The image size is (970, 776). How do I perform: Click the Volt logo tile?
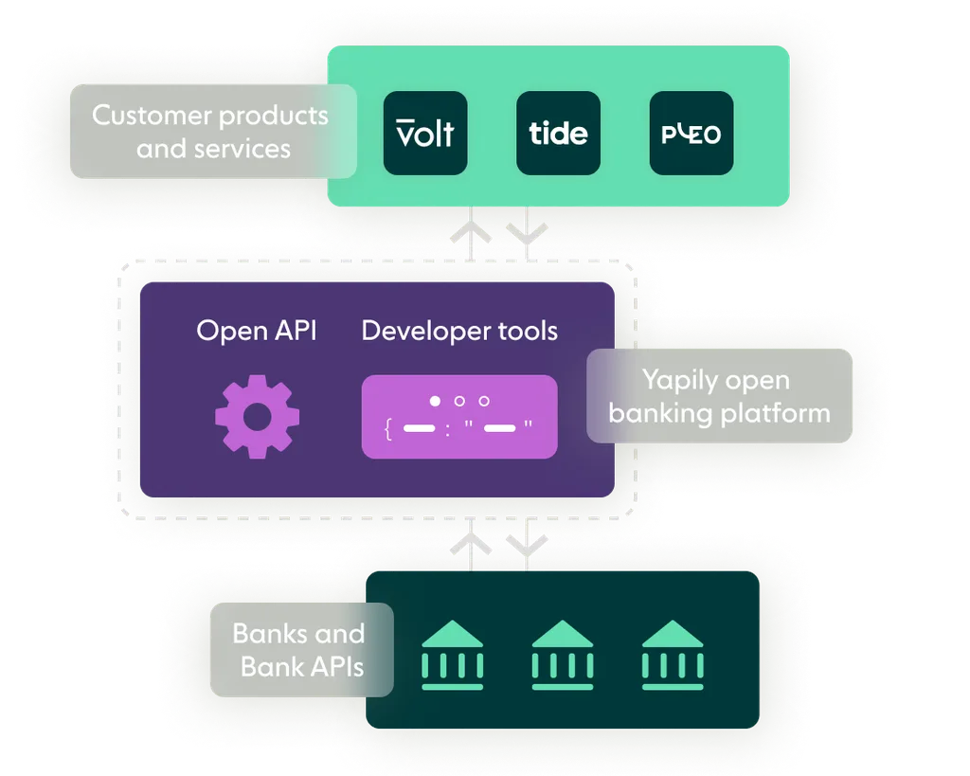[425, 133]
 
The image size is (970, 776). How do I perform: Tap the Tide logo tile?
[558, 133]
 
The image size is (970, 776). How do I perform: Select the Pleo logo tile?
[691, 133]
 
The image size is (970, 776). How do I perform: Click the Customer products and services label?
[213, 132]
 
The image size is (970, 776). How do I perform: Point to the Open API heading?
[256, 331]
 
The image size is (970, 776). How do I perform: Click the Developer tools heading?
[459, 331]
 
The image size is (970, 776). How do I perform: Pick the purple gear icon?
[257, 416]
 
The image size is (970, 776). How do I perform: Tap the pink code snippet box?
[459, 417]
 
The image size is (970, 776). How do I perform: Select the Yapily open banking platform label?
[719, 396]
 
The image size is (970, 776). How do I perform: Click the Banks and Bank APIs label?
[300, 650]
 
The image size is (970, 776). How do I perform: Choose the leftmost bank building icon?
[452, 655]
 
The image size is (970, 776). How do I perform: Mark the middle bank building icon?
[562, 655]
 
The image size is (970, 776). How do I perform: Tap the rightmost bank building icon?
[673, 655]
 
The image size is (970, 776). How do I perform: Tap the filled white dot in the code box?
[435, 401]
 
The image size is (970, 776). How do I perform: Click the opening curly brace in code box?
[388, 429]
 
